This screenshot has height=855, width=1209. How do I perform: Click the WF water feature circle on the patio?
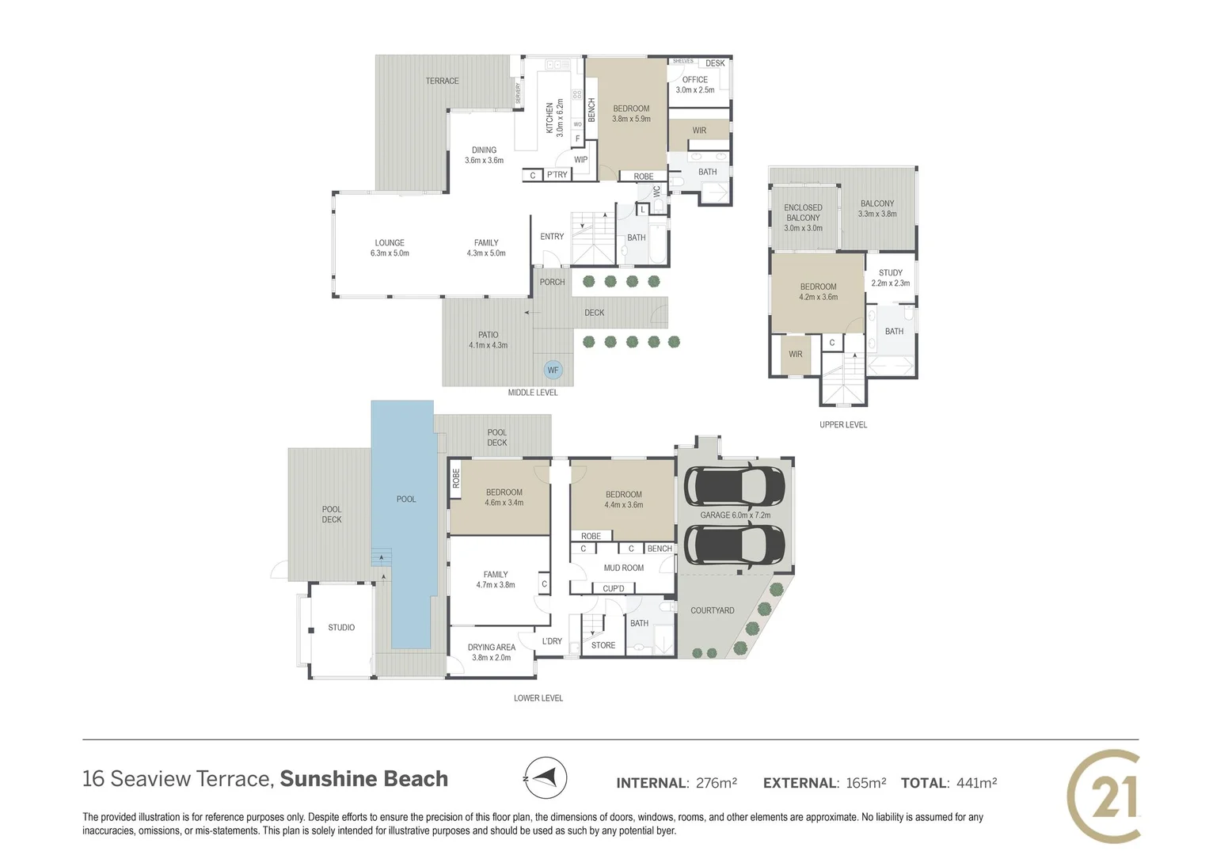point(553,370)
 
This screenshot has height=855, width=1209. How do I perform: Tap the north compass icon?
point(546,778)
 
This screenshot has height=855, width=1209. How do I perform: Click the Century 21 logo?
point(1104,796)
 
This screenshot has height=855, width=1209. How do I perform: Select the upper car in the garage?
point(734,486)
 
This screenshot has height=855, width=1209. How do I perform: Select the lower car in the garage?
point(734,545)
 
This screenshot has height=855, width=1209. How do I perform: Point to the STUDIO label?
point(341,628)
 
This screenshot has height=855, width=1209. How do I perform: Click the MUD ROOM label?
point(623,568)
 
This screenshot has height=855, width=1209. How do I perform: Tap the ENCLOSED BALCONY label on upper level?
point(803,218)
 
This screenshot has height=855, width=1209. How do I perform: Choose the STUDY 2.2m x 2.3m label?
point(890,278)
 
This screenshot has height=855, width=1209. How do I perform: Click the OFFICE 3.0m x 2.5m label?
point(694,85)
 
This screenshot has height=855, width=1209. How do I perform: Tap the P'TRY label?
point(557,175)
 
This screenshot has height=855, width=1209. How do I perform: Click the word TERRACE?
point(442,81)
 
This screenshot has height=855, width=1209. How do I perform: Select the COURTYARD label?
point(712,610)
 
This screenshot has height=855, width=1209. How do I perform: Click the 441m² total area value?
point(976,783)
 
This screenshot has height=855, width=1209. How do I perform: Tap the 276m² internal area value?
point(716,783)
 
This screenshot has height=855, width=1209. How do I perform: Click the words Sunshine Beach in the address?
point(363,779)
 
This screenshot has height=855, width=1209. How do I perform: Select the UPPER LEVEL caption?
point(842,425)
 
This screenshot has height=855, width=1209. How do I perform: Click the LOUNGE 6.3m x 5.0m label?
point(390,248)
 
